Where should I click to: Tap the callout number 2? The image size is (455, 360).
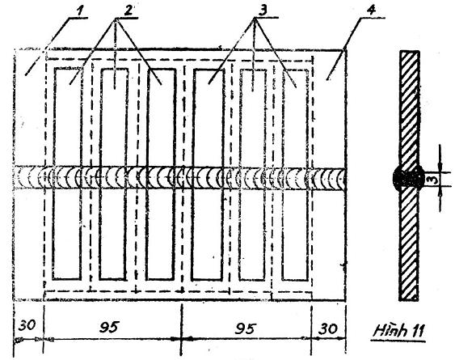128,11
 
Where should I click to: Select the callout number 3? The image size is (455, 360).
263,11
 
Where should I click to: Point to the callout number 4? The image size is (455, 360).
371,11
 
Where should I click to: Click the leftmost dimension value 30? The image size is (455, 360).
27,325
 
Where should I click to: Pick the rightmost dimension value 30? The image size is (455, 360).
327,328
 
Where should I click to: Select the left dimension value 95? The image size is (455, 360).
109,327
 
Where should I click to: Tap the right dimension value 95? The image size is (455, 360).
244,328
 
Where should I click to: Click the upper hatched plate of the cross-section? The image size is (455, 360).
409,109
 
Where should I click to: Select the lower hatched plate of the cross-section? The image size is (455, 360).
409,244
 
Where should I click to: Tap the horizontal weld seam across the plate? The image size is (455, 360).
180,178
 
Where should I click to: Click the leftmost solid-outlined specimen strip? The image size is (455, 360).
67,174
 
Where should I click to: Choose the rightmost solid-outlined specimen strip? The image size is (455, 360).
295,175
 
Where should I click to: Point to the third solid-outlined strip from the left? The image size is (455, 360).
161,174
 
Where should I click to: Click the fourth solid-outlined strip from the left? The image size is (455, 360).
208,175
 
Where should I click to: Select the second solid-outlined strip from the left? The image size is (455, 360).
113,174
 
